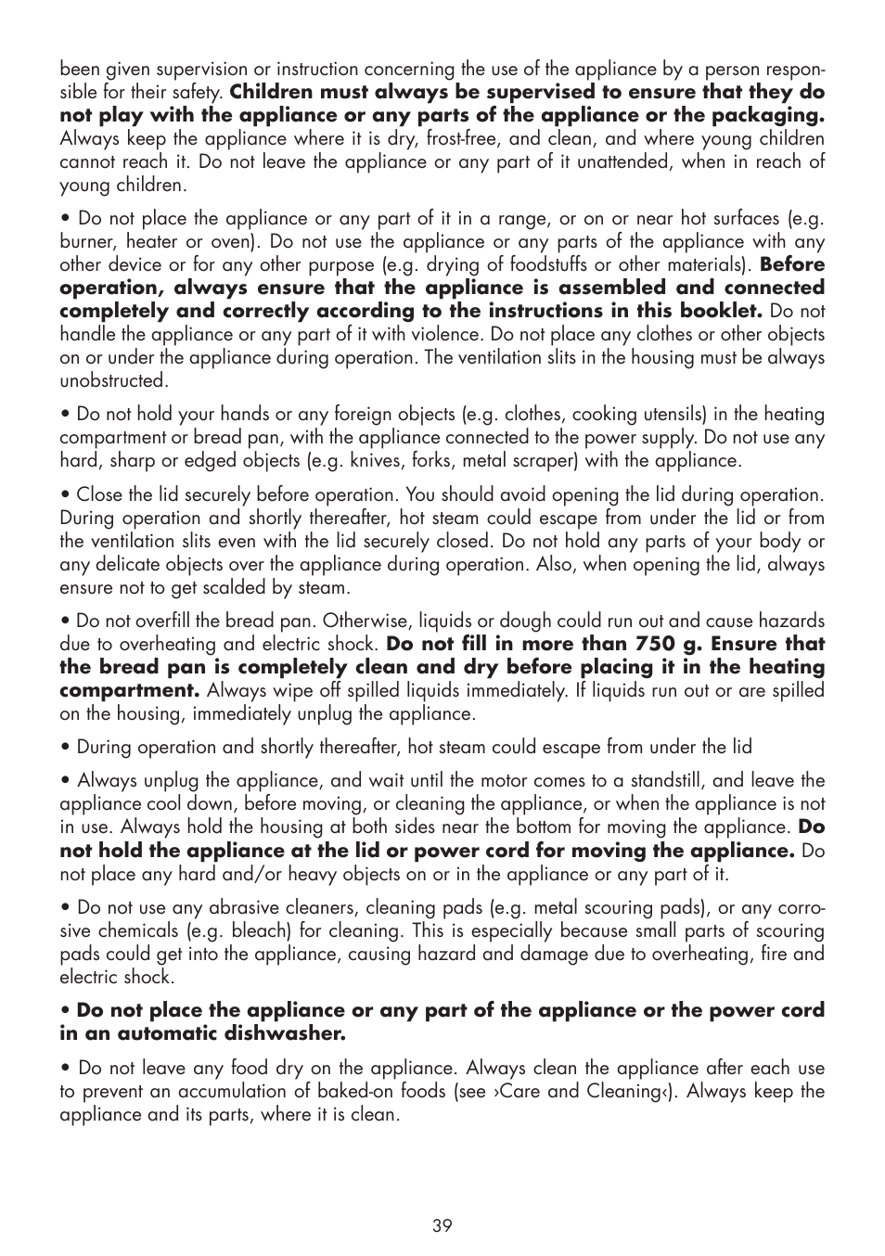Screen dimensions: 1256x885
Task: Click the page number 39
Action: (442, 1225)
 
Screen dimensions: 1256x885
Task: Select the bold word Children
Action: (269, 92)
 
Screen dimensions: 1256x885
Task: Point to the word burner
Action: (88, 241)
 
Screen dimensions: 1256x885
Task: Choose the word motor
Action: (532, 780)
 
